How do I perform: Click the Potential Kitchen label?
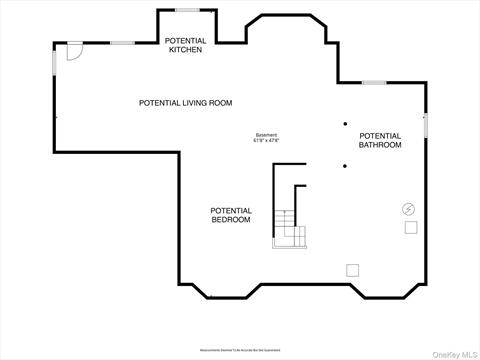[185, 45]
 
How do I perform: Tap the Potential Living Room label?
[185, 103]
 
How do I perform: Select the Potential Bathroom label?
[380, 141]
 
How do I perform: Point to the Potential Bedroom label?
[231, 215]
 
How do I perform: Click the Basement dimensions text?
[266, 138]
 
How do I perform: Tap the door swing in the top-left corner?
[72, 52]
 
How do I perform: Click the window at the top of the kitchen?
[186, 10]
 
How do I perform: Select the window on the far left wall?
[55, 60]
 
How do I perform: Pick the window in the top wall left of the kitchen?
[122, 42]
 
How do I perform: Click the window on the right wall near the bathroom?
[425, 126]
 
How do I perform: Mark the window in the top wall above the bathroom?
[374, 82]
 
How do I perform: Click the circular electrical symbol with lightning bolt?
[408, 209]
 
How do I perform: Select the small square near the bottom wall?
[352, 269]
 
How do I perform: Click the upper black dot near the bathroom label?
[345, 124]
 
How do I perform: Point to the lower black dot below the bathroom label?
[345, 166]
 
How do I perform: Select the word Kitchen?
[185, 49]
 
